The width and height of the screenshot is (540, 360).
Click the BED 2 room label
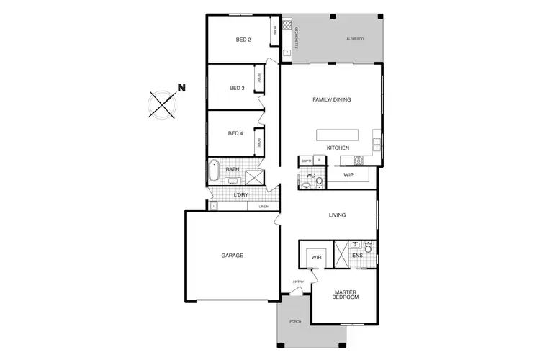243,40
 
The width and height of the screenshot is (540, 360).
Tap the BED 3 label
237,89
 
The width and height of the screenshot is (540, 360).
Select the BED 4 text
235,133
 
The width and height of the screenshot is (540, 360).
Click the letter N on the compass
182,88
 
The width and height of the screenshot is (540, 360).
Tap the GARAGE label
232,256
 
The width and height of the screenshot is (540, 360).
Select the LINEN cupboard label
264,207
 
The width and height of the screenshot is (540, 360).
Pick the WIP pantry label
348,175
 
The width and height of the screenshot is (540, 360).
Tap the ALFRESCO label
355,38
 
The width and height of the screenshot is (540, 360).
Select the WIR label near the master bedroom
315,257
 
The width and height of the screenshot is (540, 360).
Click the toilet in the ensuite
368,251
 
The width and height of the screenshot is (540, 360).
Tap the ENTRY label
298,282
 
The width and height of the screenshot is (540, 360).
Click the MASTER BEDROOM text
346,295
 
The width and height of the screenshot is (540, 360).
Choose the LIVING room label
337,215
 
